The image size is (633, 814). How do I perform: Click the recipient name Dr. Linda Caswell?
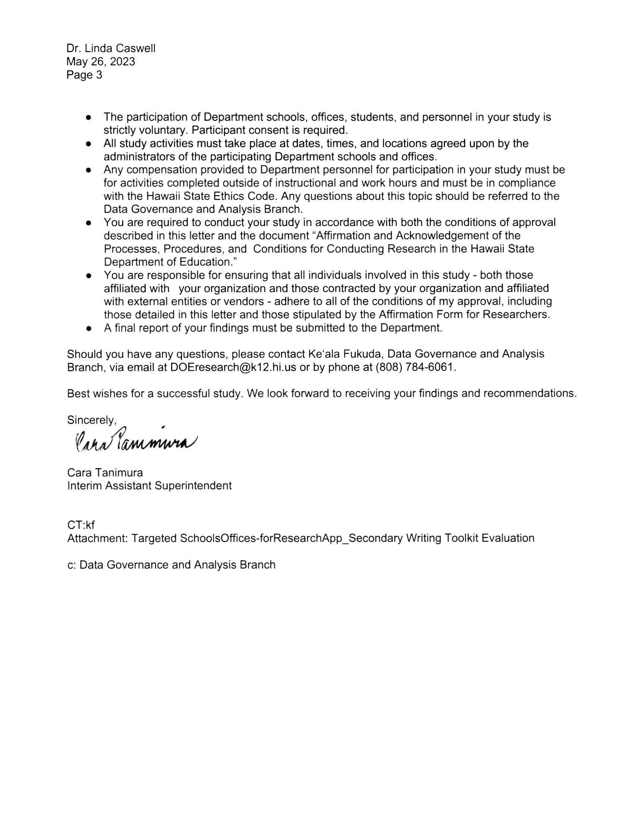tap(111, 48)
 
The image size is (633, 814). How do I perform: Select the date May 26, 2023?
tap(101, 61)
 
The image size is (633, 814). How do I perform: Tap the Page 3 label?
tap(84, 75)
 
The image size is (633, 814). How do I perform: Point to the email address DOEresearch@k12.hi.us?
tap(233, 367)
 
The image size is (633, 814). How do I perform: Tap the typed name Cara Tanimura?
tap(105, 473)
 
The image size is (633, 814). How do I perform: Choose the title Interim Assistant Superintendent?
tap(149, 486)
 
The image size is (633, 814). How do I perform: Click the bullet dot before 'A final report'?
tap(88, 329)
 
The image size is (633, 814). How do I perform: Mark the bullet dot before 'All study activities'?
tap(88, 144)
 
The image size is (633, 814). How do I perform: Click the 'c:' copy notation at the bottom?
tap(72, 565)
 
